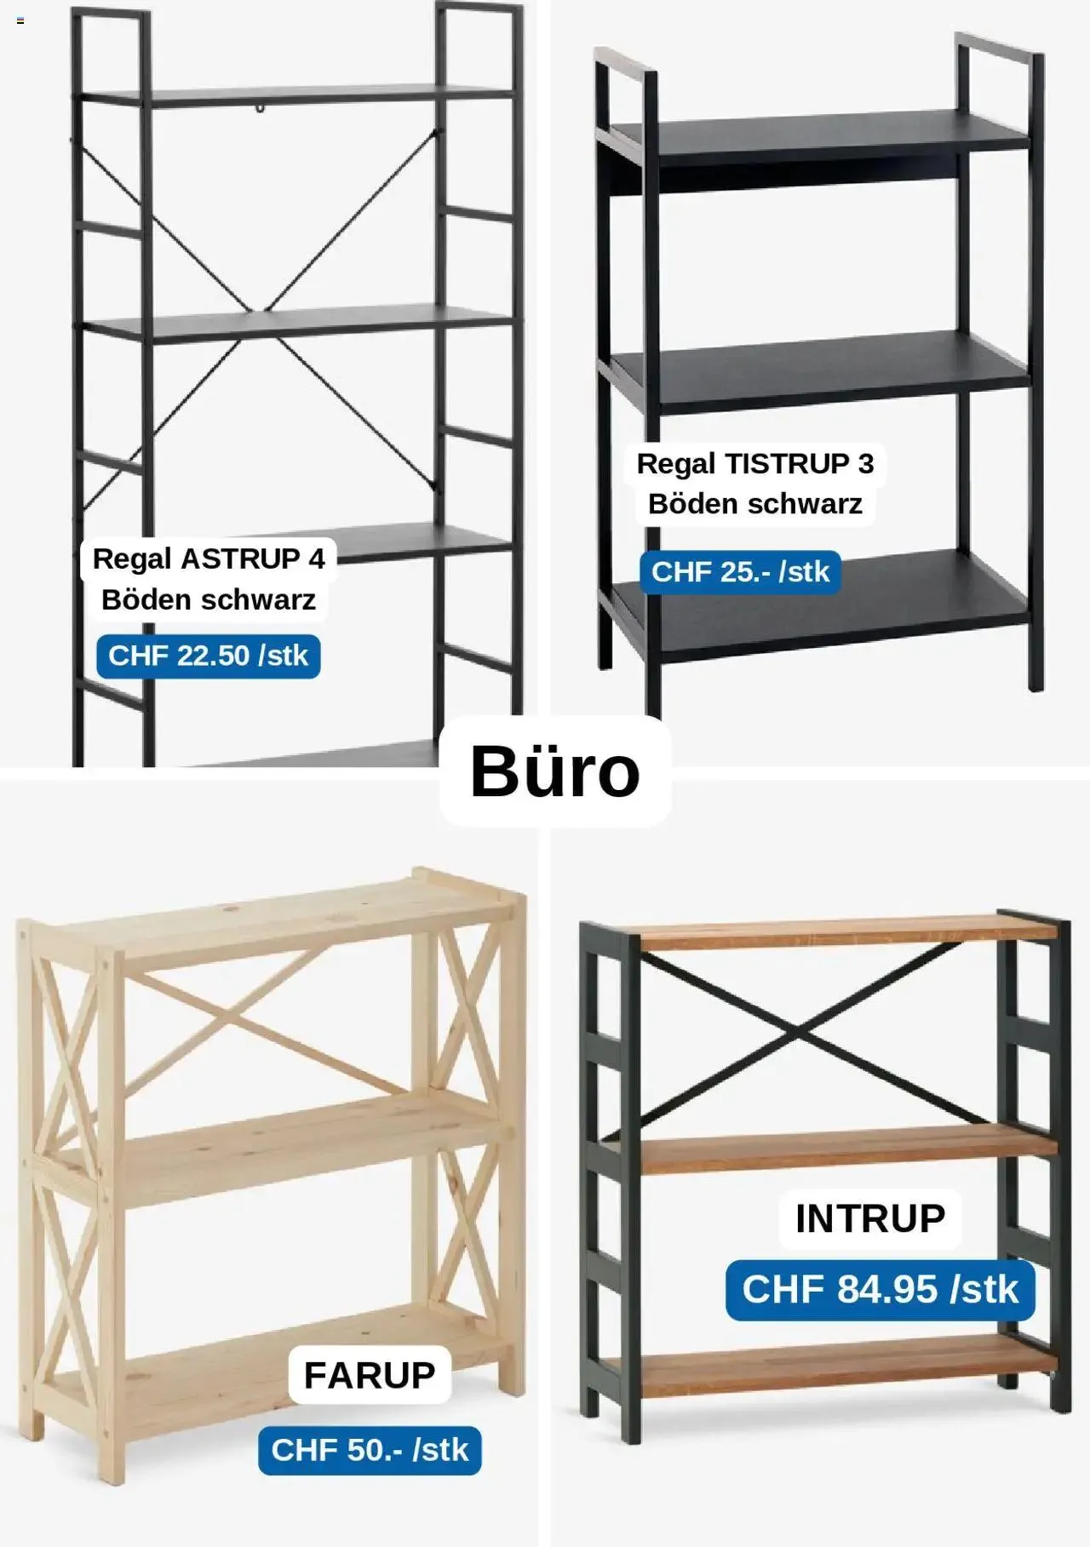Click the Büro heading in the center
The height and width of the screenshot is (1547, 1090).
coord(554,771)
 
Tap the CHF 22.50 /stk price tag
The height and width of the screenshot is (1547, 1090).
coord(209,656)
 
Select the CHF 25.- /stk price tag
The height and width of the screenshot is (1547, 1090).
coord(740,571)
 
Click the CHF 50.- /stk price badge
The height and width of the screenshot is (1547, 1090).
coord(370,1449)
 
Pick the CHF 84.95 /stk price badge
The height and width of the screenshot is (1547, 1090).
coord(880,1289)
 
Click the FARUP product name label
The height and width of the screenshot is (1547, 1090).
coord(370,1374)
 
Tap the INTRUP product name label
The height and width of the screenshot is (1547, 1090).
coord(870,1218)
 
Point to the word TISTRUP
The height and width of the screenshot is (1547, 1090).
coord(787,464)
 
